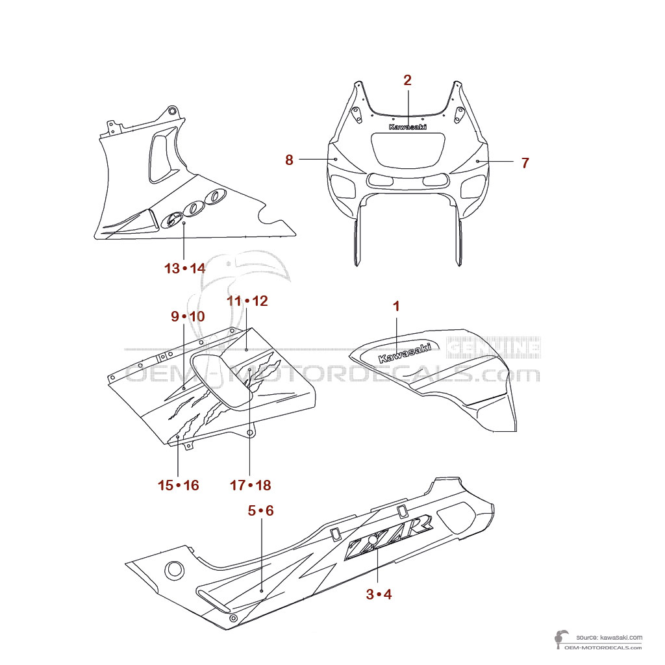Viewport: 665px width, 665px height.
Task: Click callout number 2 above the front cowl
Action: tap(407, 81)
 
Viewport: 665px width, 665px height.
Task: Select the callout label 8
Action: tap(289, 160)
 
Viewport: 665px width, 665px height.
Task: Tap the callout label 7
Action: tap(525, 163)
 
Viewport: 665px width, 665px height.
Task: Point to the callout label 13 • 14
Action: tap(184, 268)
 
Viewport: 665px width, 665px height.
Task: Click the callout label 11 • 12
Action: tap(247, 301)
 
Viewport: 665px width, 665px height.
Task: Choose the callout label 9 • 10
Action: tap(188, 316)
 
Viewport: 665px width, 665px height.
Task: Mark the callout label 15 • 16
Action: tap(178, 485)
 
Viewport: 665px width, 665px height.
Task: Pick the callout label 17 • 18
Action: tap(250, 485)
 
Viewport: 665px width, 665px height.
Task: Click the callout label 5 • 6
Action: tap(261, 511)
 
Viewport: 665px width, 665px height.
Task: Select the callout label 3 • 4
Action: tap(379, 594)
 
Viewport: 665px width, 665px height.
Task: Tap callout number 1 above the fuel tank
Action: tap(396, 305)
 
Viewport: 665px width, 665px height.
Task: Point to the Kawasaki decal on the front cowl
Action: tap(408, 127)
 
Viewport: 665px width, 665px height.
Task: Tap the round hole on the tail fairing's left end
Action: tap(174, 571)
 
